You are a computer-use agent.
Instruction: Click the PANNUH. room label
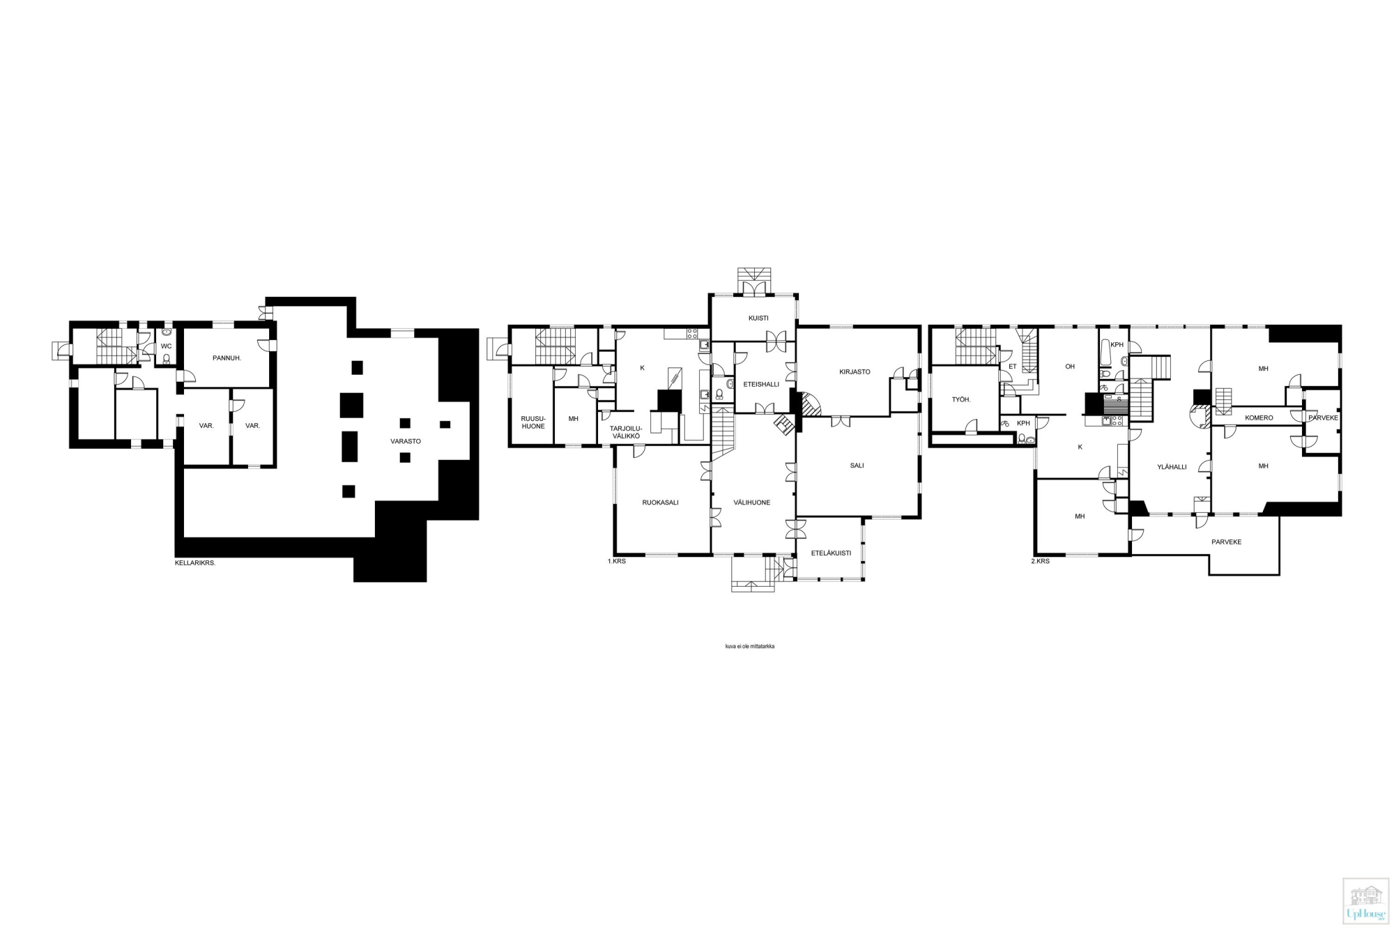227,358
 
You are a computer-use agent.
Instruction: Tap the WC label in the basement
166,346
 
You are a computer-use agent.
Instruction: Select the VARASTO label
406,441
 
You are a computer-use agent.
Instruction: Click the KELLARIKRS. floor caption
195,562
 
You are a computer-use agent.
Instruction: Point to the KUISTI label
758,318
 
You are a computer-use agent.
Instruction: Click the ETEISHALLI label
761,384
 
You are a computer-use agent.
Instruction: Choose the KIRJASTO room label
855,371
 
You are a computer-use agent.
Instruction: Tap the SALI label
857,466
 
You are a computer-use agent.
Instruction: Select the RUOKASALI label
660,502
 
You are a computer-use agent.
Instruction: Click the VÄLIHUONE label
752,502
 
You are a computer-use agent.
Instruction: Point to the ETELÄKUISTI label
831,553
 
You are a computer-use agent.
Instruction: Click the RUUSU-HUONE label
533,422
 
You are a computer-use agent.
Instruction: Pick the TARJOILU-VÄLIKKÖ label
626,432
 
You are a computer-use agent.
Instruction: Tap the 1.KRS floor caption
617,561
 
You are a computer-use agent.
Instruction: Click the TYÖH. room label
961,399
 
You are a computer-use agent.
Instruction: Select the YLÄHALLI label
1172,467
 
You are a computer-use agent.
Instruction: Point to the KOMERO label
1259,418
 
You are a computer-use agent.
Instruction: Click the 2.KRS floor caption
1040,561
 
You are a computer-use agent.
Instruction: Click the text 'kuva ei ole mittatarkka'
750,646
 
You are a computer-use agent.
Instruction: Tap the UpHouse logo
1365,900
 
